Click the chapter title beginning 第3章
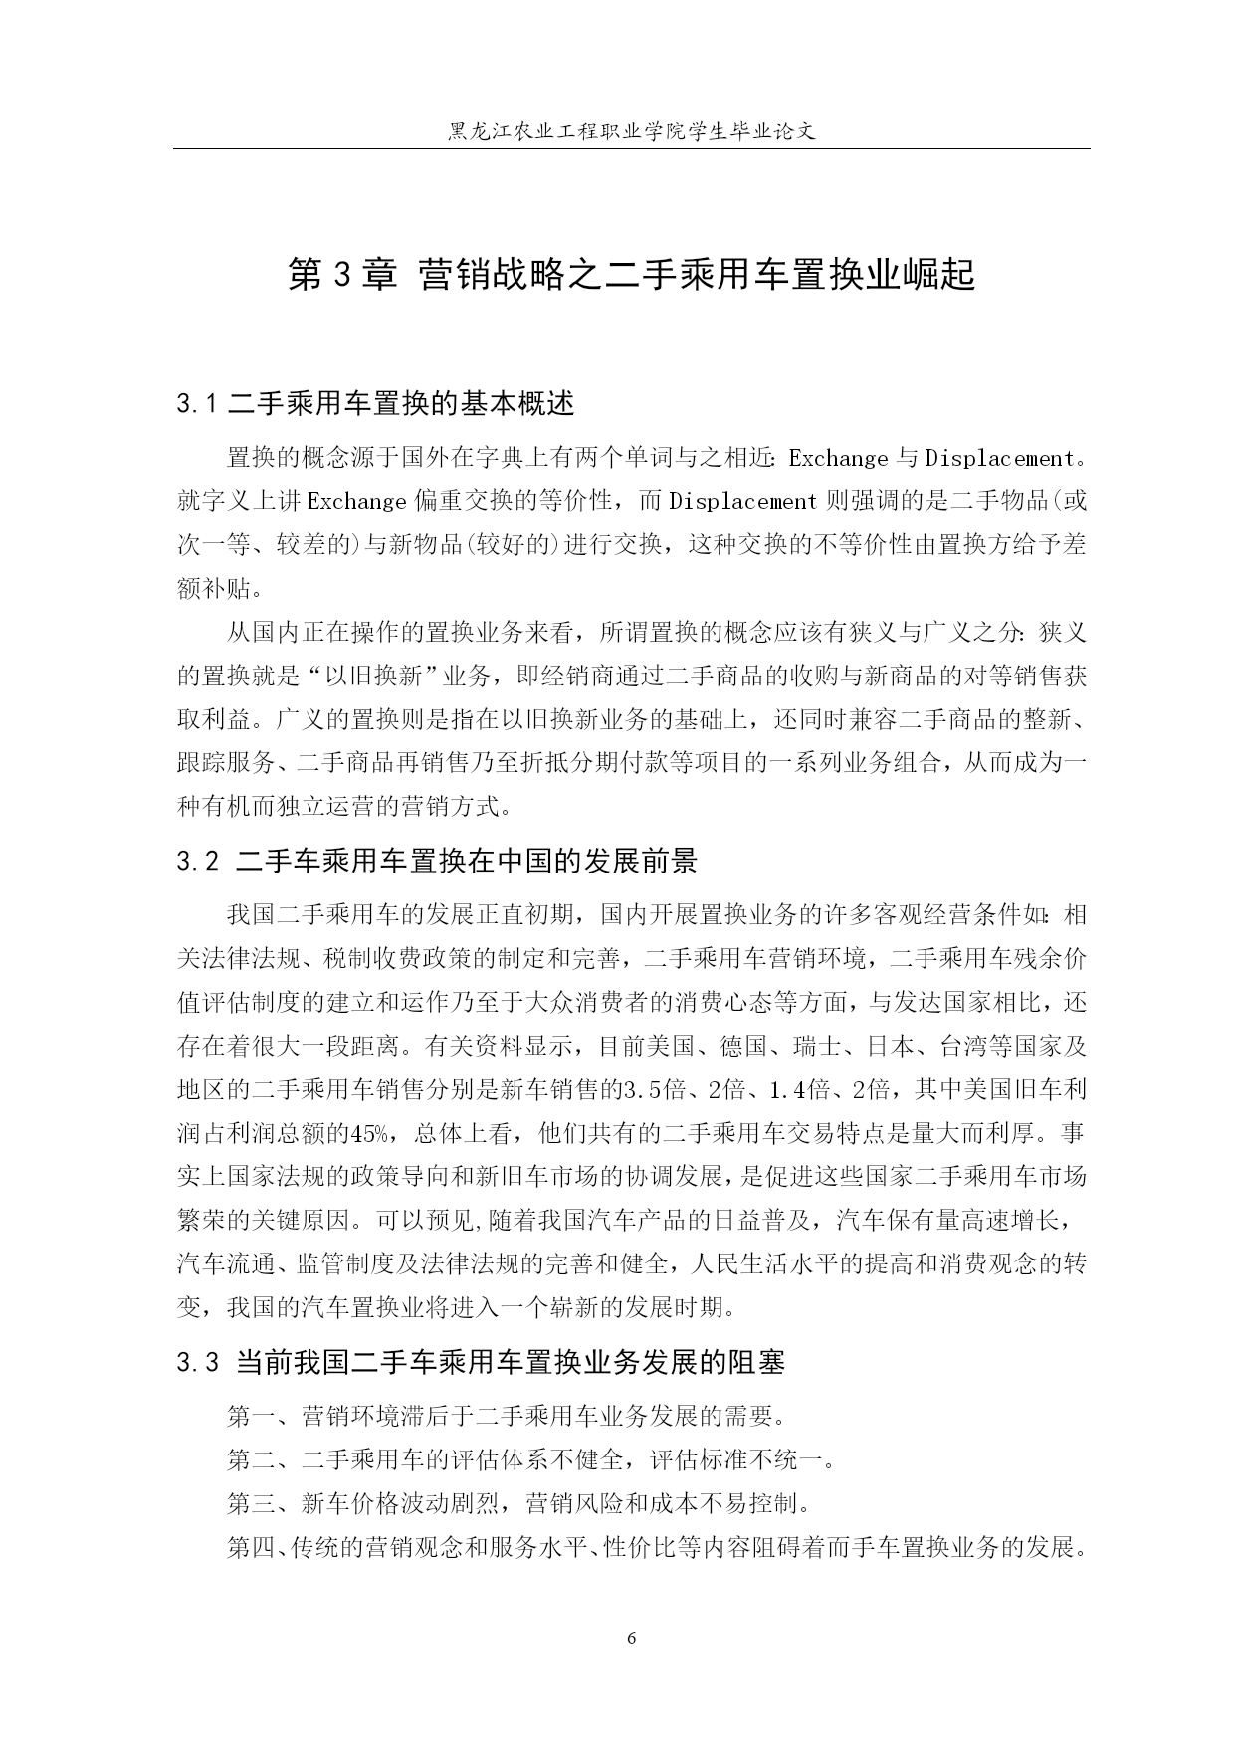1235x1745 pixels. [631, 275]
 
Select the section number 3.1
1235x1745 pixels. [197, 404]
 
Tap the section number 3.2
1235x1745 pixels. [197, 862]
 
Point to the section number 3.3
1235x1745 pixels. [197, 1363]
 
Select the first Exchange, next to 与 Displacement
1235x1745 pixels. [838, 459]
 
